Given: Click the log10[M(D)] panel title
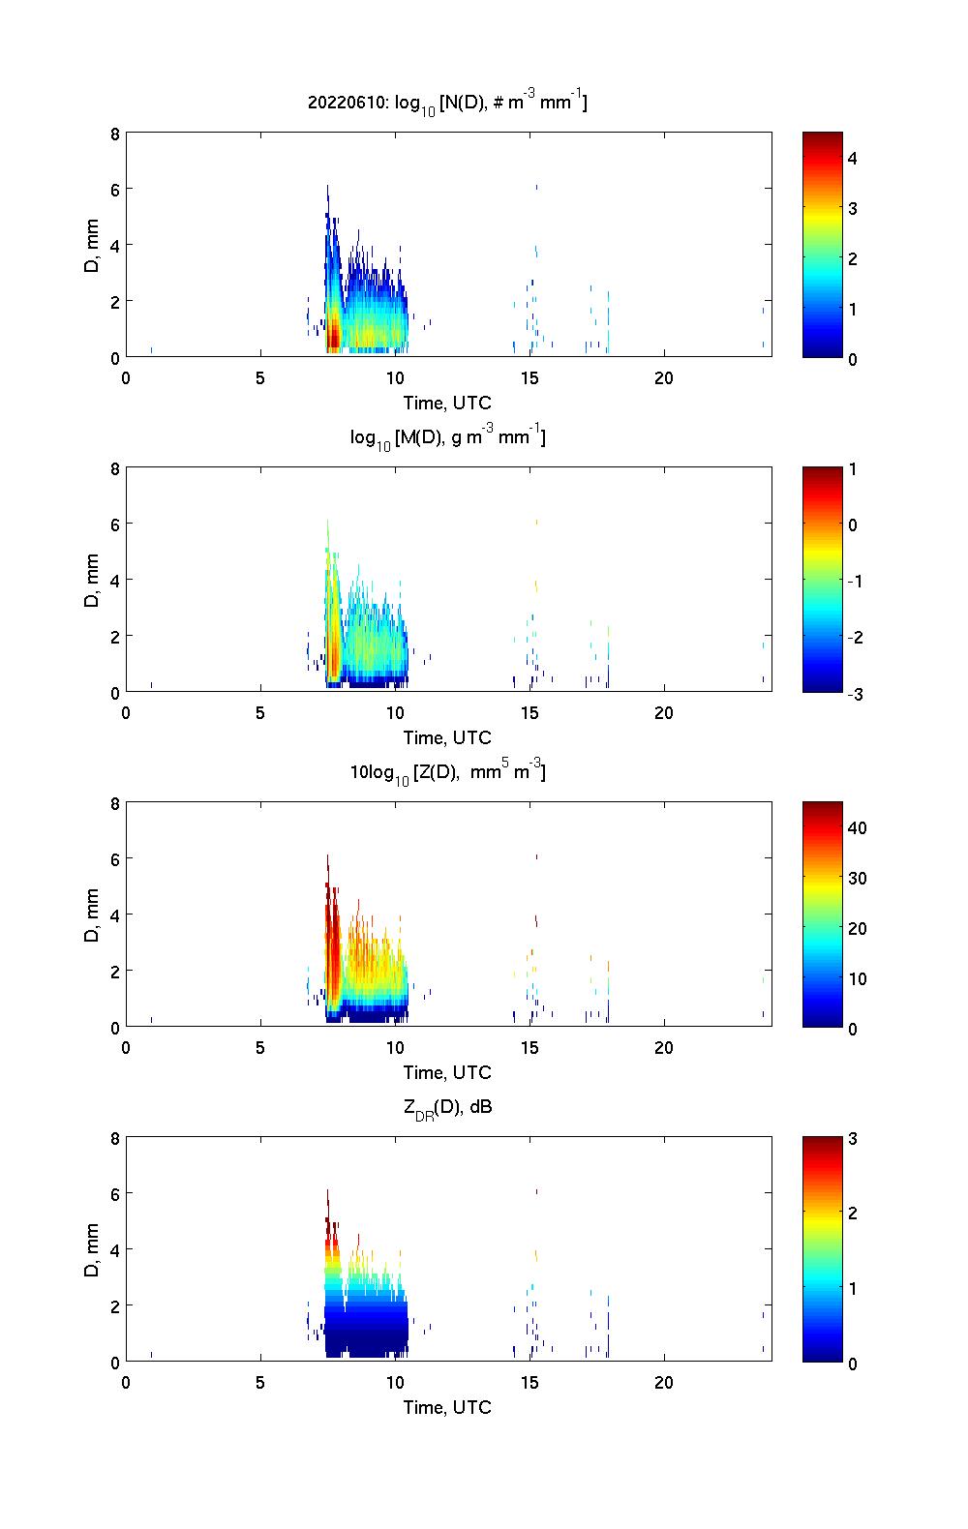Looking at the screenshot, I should [447, 437].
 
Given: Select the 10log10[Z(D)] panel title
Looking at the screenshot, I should [447, 772].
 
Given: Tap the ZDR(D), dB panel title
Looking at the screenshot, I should [447, 1107].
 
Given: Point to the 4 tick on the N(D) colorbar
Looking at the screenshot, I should [853, 158].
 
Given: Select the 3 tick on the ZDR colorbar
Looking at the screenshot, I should [853, 1139].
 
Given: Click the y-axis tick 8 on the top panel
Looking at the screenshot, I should [114, 134].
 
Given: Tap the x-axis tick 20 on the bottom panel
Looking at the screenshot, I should [663, 1383].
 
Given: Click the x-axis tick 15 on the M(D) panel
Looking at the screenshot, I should [529, 713].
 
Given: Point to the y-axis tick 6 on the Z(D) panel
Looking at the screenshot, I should [114, 858].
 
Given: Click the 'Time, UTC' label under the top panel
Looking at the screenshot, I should [447, 403].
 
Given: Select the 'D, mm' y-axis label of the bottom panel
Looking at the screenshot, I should [92, 1249].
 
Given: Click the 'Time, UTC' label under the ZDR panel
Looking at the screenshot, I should [447, 1407].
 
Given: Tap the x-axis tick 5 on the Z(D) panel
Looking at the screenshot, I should [260, 1048].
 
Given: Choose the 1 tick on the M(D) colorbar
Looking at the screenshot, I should [853, 469].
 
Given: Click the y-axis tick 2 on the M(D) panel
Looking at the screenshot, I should [114, 637].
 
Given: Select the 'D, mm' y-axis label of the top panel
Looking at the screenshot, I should [92, 245].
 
